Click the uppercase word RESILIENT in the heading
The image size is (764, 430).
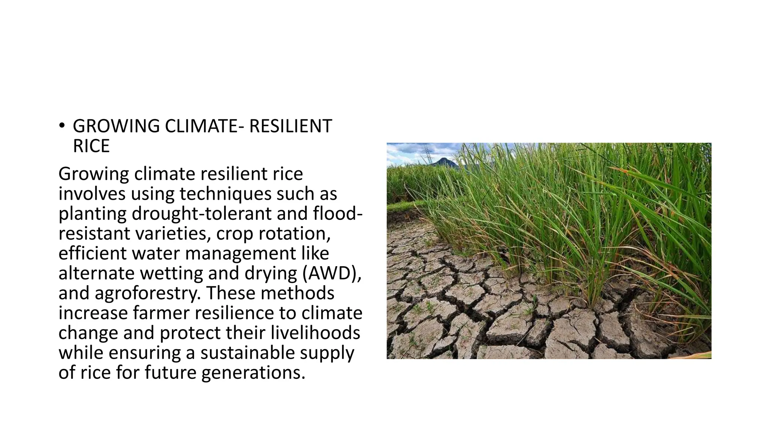coord(290,126)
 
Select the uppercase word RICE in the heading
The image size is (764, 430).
coord(91,146)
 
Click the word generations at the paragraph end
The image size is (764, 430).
coord(253,373)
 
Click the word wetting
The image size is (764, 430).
coord(172,273)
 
